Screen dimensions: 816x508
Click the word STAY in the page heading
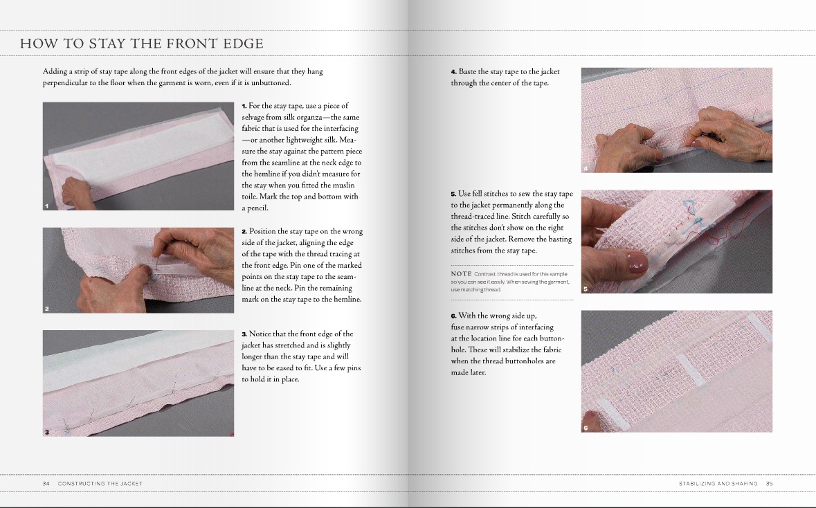click(107, 43)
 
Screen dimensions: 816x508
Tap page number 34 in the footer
click(46, 484)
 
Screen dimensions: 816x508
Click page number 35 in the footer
click(769, 484)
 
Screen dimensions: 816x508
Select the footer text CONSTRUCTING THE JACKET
click(100, 484)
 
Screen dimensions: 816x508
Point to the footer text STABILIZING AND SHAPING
click(718, 484)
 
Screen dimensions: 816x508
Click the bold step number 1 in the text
click(244, 106)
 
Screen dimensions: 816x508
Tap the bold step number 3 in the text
click(244, 334)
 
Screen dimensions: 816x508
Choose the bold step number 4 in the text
click(454, 72)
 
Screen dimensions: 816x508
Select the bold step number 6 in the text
click(454, 316)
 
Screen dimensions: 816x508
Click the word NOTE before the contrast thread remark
click(462, 274)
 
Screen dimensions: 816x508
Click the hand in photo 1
click(78, 192)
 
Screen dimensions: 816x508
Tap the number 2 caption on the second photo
click(47, 309)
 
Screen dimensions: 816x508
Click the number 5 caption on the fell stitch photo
click(586, 289)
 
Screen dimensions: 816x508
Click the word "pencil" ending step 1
click(259, 208)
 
